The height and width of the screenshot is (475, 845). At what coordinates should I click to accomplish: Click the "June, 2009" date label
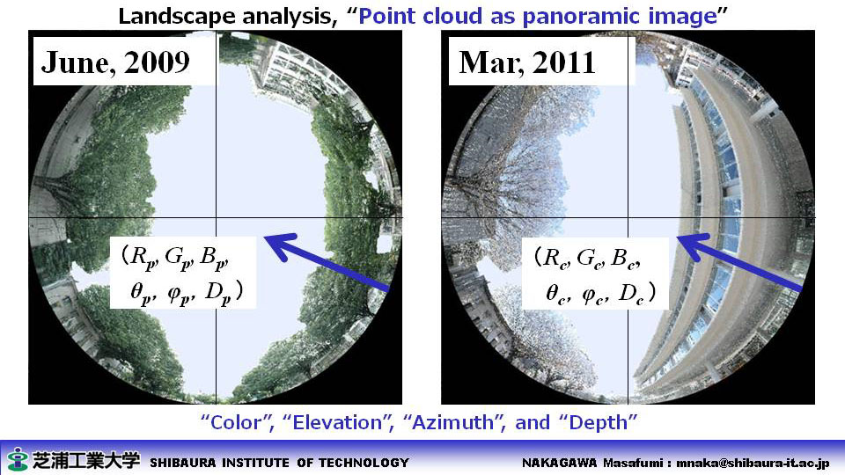tap(115, 63)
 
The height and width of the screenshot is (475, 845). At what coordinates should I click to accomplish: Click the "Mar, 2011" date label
tap(527, 63)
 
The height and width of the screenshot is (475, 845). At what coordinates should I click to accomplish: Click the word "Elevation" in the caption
tap(337, 422)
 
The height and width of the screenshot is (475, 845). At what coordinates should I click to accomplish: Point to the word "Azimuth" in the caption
tap(452, 422)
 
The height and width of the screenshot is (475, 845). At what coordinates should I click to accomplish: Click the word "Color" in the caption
tap(236, 422)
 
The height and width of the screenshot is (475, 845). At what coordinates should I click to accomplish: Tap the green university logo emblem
tap(18, 459)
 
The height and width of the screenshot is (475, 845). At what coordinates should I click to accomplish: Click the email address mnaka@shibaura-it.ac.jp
tap(753, 463)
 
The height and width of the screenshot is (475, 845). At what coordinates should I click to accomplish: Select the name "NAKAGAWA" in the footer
tap(559, 463)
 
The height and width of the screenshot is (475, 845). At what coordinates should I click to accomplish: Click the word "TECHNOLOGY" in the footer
tap(364, 463)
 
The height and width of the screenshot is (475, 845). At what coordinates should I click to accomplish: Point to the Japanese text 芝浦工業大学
tap(86, 459)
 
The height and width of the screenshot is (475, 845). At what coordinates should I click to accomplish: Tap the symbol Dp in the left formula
tap(219, 294)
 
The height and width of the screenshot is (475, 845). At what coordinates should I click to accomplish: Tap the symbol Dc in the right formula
tap(632, 295)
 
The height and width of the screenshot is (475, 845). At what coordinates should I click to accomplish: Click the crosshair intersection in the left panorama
tap(217, 217)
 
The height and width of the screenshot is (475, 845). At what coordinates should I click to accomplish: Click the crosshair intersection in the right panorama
tap(628, 217)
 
